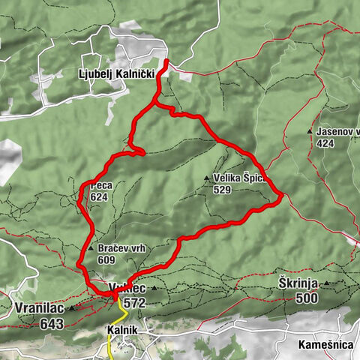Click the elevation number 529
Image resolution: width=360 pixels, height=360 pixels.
221,190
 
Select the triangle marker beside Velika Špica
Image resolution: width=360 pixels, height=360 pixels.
207,178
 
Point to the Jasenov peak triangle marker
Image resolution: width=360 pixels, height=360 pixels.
310,131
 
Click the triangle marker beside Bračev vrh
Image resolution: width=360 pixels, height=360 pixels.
91,249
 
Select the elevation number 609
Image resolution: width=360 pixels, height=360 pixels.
106,259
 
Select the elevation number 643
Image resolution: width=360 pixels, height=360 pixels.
48,322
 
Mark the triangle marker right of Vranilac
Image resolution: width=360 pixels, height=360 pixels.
72,308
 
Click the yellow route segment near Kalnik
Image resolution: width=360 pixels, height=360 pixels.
109,345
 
